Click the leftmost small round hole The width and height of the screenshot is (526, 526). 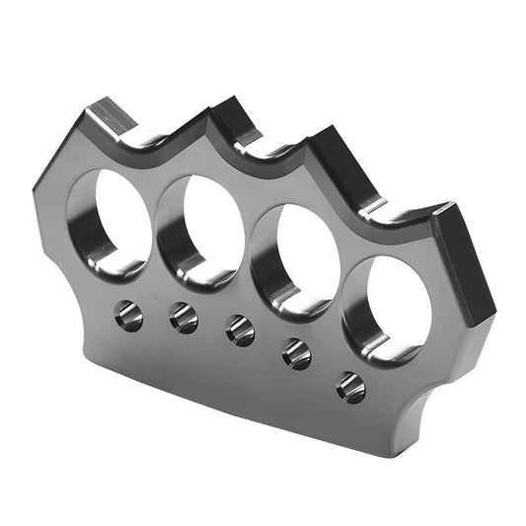pos(128,316)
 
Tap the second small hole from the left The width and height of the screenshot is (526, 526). pos(183,318)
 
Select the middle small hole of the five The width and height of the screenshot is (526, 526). pos(240,331)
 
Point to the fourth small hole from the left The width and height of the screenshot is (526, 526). pos(297,353)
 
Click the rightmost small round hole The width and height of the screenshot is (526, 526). pos(350,386)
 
